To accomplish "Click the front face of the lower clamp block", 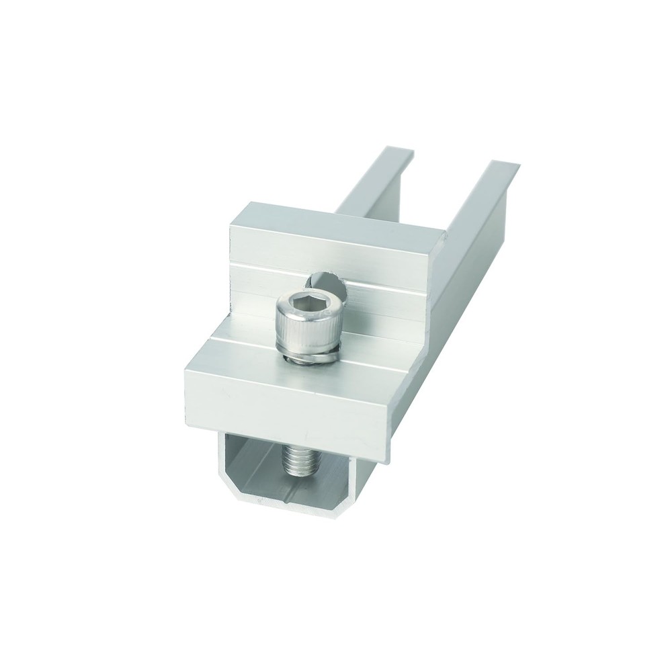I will pos(282,403).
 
